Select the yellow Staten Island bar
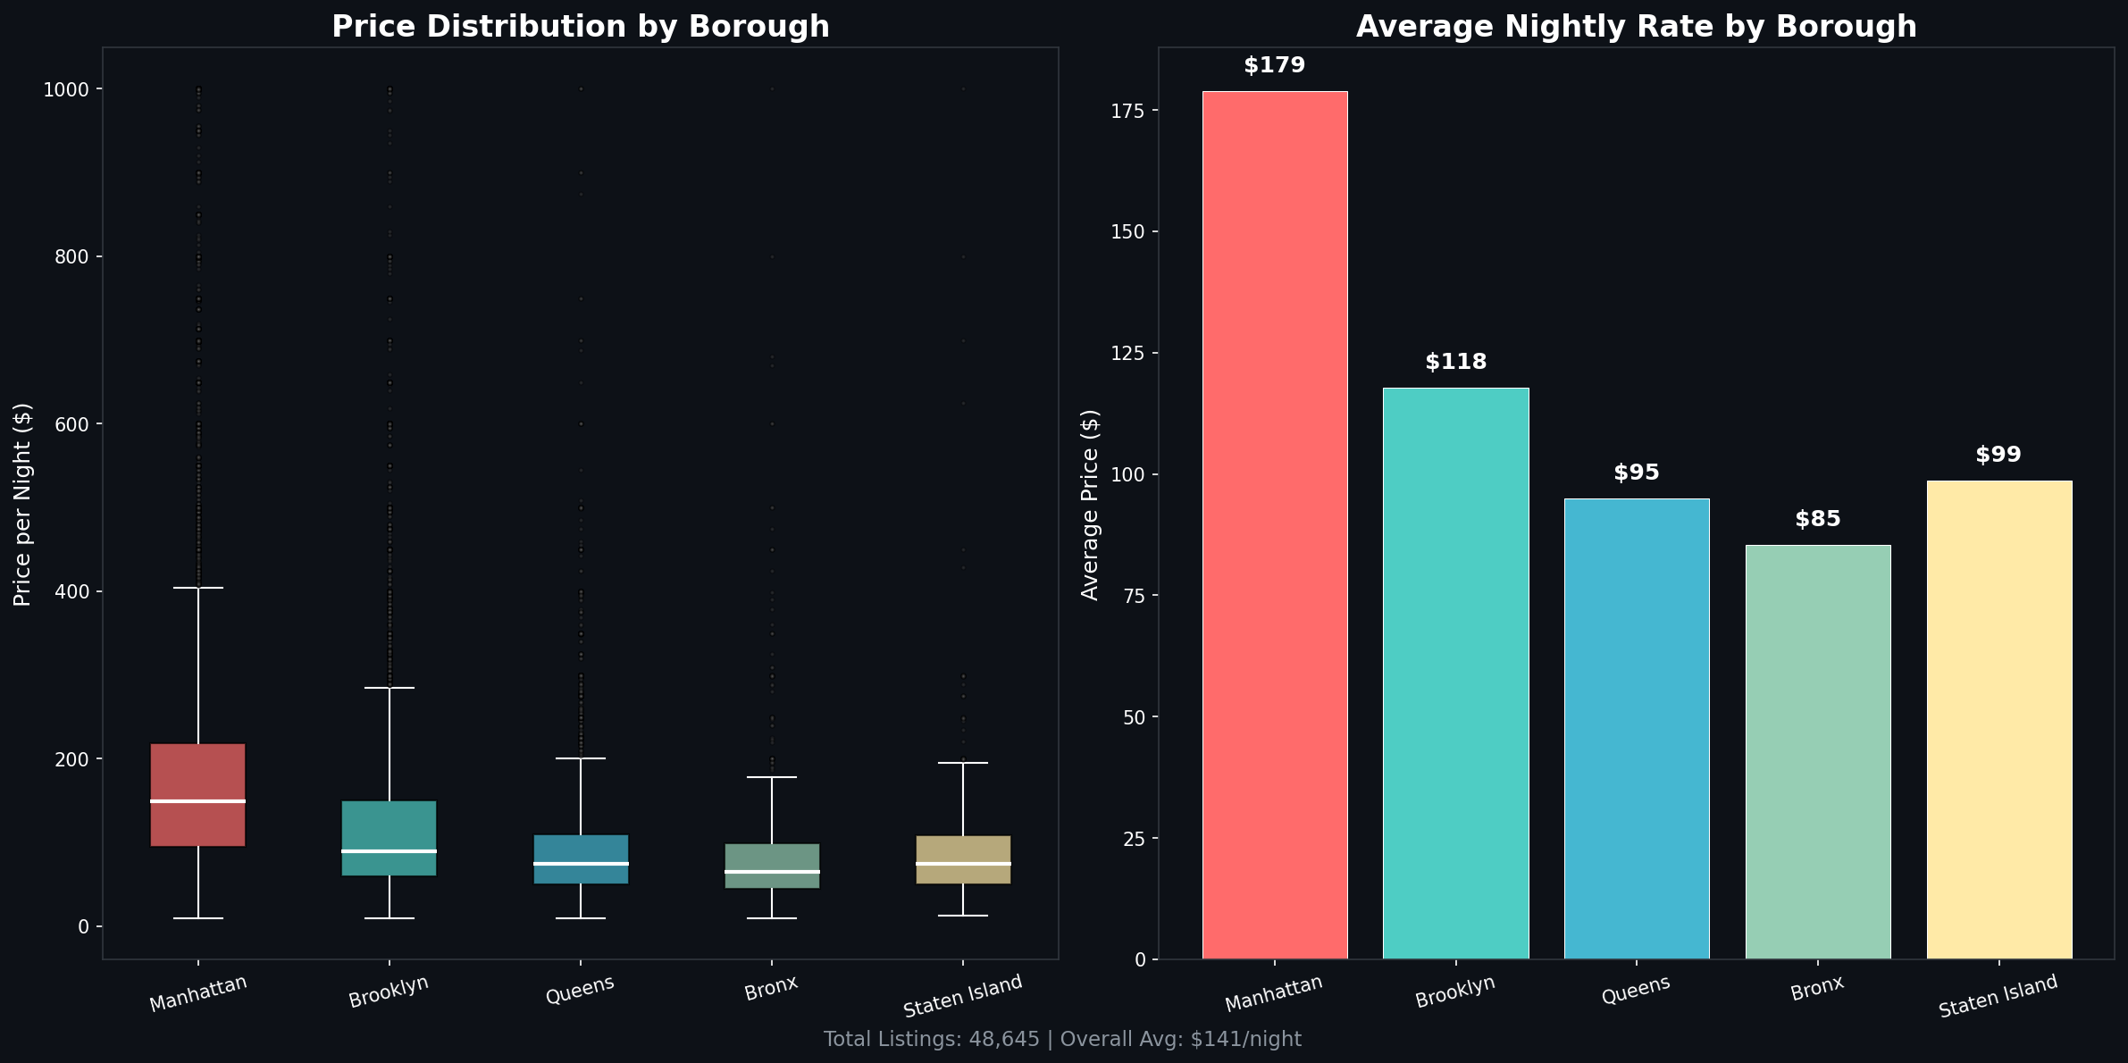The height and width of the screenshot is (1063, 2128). click(x=1999, y=720)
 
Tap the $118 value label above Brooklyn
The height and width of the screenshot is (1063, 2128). click(x=1455, y=362)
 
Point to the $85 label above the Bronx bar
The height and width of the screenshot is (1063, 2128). click(x=1818, y=519)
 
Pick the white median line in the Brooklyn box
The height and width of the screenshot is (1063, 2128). click(x=390, y=850)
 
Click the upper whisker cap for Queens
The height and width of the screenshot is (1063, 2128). click(x=581, y=758)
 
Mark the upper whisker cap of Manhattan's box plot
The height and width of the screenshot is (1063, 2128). click(x=197, y=588)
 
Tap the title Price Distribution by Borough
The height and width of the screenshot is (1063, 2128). click(x=581, y=27)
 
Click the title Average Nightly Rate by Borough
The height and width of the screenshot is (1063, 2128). click(x=1636, y=27)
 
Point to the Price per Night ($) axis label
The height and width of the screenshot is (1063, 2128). click(x=23, y=505)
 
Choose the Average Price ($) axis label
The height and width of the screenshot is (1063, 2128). click(x=1090, y=505)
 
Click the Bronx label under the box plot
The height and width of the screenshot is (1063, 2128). click(x=771, y=989)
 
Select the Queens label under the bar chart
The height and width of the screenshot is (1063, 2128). click(x=1635, y=990)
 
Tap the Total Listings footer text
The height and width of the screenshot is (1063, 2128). click(x=1062, y=1040)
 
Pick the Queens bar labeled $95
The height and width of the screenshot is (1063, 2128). click(x=1637, y=728)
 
